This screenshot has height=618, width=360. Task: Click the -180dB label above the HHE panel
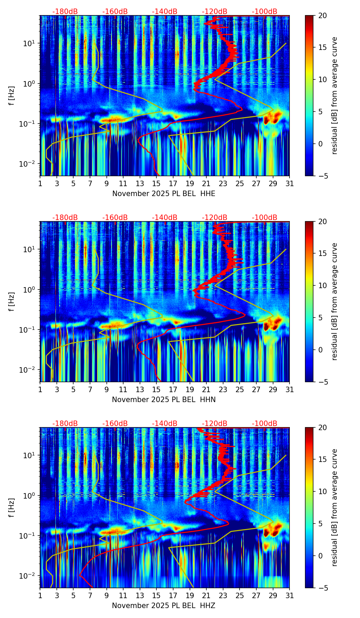click(x=65, y=12)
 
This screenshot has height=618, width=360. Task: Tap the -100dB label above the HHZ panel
click(x=265, y=424)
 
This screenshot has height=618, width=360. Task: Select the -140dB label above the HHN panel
click(x=165, y=218)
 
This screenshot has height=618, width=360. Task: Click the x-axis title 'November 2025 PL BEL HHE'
click(x=164, y=194)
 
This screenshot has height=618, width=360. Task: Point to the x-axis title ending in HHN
click(x=164, y=400)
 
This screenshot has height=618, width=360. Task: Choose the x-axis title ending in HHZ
click(x=164, y=606)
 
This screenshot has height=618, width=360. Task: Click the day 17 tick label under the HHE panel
click(x=173, y=184)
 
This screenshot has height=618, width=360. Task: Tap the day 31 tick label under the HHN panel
click(x=290, y=390)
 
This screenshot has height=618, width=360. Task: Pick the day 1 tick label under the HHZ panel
click(x=40, y=596)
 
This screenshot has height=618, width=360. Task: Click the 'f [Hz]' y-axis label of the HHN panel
click(x=12, y=301)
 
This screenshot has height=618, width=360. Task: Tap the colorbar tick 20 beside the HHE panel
click(x=323, y=15)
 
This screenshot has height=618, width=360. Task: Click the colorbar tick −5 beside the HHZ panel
click(x=323, y=588)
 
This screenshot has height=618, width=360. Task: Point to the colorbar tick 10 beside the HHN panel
click(x=323, y=285)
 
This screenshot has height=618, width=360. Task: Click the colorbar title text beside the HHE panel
click(x=335, y=95)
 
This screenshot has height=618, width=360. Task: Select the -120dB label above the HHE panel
click(x=215, y=12)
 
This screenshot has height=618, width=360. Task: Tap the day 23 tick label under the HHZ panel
click(x=223, y=596)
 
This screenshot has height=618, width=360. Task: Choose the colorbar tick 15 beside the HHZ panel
click(x=323, y=460)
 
